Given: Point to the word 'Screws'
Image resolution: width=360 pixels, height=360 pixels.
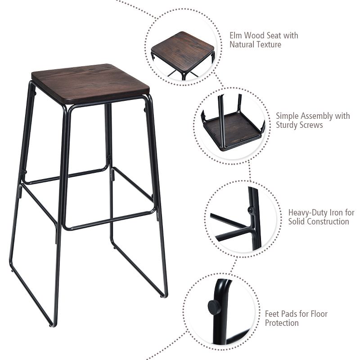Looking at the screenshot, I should [x=311, y=125].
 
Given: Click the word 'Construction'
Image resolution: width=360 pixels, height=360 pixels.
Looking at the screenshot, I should [x=327, y=221].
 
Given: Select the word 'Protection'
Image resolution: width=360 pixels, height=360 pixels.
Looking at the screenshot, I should [x=281, y=323].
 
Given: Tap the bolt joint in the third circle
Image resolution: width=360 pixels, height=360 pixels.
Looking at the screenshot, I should [x=249, y=208].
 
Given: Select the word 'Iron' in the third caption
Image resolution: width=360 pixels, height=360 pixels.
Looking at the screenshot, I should [x=336, y=212].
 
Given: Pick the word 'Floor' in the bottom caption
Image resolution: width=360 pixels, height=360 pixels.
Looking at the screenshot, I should [x=318, y=314].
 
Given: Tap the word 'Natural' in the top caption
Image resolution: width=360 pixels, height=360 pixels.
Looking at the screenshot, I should [x=243, y=45].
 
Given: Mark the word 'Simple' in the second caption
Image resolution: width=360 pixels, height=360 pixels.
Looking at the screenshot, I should [x=287, y=116].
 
